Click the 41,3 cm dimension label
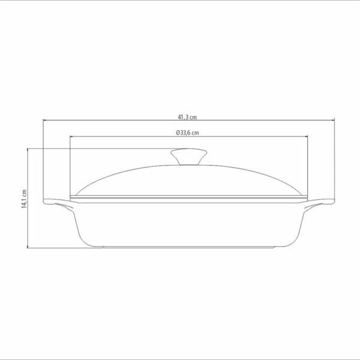pyautogui.click(x=187, y=117)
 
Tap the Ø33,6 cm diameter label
pyautogui.click(x=187, y=133)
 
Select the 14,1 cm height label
pyautogui.click(x=24, y=199)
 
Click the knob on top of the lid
pyautogui.click(x=189, y=157)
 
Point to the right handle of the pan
pyautogui.click(x=320, y=203)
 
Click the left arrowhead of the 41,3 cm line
pyautogui.click(x=45, y=120)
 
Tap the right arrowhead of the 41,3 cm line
pyautogui.click(x=333, y=120)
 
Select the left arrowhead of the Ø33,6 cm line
pyautogui.click(x=71, y=137)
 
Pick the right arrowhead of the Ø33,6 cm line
pyautogui.click(x=306, y=137)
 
